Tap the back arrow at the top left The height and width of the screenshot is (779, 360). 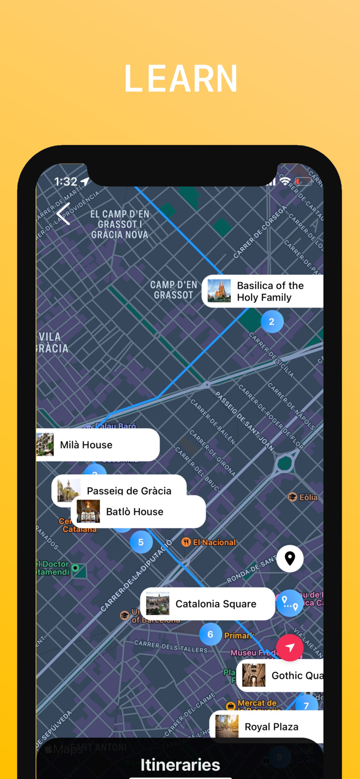[63, 213]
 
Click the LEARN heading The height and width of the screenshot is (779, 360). [180, 79]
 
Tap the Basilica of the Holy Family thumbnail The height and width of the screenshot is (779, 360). [219, 291]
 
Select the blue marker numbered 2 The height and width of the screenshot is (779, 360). [272, 321]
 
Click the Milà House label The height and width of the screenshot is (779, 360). [86, 445]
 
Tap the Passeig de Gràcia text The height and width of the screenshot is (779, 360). [129, 490]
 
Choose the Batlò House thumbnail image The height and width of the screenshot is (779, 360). [88, 512]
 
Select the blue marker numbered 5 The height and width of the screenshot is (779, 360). [141, 542]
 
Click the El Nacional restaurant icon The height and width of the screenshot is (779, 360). [186, 542]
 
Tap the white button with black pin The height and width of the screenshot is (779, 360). [290, 558]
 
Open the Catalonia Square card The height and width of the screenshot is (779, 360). [208, 604]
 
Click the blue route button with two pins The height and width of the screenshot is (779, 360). [290, 603]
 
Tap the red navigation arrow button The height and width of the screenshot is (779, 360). [290, 648]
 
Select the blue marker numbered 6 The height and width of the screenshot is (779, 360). [210, 634]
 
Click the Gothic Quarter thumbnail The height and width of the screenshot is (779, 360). [254, 675]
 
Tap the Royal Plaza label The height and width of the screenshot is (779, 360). [271, 727]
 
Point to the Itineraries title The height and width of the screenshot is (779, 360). [180, 764]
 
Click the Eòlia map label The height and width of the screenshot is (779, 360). [308, 498]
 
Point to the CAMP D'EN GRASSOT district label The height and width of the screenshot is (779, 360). [174, 290]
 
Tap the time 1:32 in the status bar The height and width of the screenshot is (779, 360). [66, 182]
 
